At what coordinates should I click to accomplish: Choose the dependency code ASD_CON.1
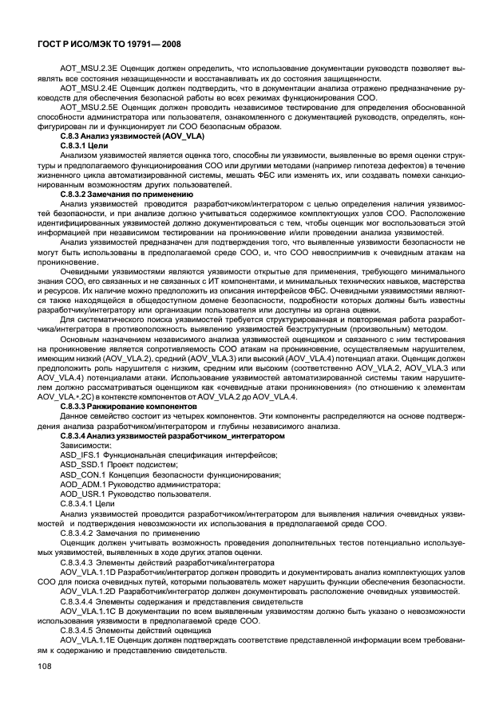[x=81, y=473]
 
